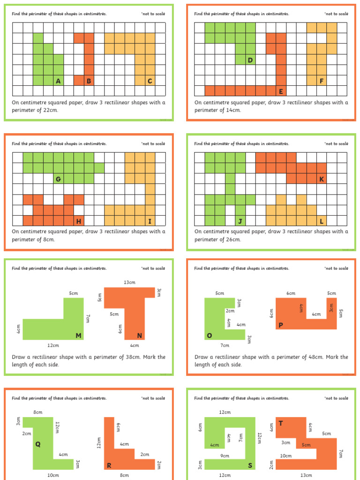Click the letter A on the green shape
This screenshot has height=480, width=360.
58,81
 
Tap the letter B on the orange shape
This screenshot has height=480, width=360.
89,81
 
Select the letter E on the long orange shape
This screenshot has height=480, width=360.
281,91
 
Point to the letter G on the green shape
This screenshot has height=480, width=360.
58,179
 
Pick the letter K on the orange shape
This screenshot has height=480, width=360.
321,179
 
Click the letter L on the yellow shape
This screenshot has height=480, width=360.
321,221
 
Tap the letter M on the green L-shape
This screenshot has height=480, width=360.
78,335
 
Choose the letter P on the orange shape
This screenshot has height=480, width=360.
281,325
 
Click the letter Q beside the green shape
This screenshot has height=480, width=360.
38,444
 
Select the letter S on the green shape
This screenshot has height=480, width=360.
250,465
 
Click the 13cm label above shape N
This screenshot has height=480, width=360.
129,282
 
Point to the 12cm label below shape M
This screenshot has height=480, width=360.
53,345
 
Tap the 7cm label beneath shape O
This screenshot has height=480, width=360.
225,345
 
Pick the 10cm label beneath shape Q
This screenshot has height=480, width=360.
53,475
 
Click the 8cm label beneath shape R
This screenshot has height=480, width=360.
124,475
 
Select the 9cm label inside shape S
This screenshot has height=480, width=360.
225,456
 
